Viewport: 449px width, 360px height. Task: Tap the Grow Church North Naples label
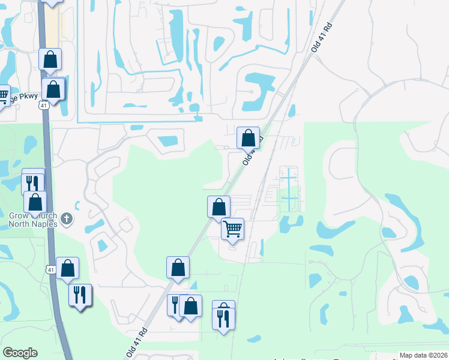pyautogui.click(x=32, y=220)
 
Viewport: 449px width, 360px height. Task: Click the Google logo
pyautogui.click(x=20, y=353)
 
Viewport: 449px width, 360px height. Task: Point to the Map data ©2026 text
pyautogui.click(x=424, y=355)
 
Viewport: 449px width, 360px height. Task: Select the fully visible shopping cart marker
pyautogui.click(x=232, y=229)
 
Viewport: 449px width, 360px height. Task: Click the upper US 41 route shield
pyautogui.click(x=43, y=105)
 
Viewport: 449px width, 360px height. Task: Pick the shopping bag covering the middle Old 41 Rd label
pyautogui.click(x=248, y=139)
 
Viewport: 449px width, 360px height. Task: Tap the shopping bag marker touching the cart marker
pyautogui.click(x=219, y=208)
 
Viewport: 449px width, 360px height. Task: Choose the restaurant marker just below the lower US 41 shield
pyautogui.click(x=80, y=295)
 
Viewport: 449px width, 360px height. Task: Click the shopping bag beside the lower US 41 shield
pyautogui.click(x=68, y=269)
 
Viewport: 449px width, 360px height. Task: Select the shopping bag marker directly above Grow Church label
pyautogui.click(x=36, y=203)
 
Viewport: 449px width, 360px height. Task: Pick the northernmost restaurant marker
pyautogui.click(x=32, y=181)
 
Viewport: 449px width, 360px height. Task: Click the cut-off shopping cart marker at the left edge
pyautogui.click(x=3, y=95)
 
